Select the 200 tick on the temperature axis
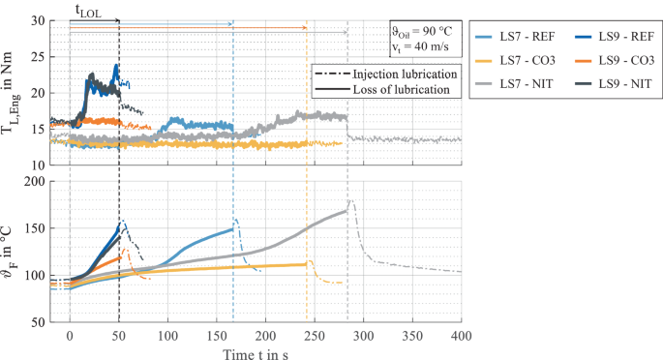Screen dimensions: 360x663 tap(35, 181)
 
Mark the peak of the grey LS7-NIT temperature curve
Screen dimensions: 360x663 tap(350, 201)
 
